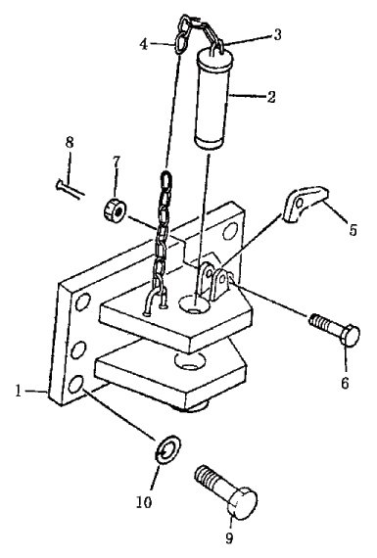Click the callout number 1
[x=19, y=392]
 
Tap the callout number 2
[x=271, y=97]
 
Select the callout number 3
[x=277, y=34]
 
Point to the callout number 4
[x=144, y=44]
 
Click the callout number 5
[x=353, y=229]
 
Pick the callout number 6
[x=345, y=383]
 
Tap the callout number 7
[x=117, y=162]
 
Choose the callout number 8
[x=70, y=142]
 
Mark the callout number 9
[x=229, y=537]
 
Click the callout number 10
[x=144, y=502]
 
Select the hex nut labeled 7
[x=114, y=210]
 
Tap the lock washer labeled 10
[x=168, y=448]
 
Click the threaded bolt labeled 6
[x=334, y=329]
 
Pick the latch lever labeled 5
[x=306, y=204]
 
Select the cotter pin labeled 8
[x=71, y=189]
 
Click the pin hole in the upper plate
[x=194, y=304]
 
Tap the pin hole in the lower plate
[x=190, y=361]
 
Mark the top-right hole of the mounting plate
[x=230, y=232]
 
